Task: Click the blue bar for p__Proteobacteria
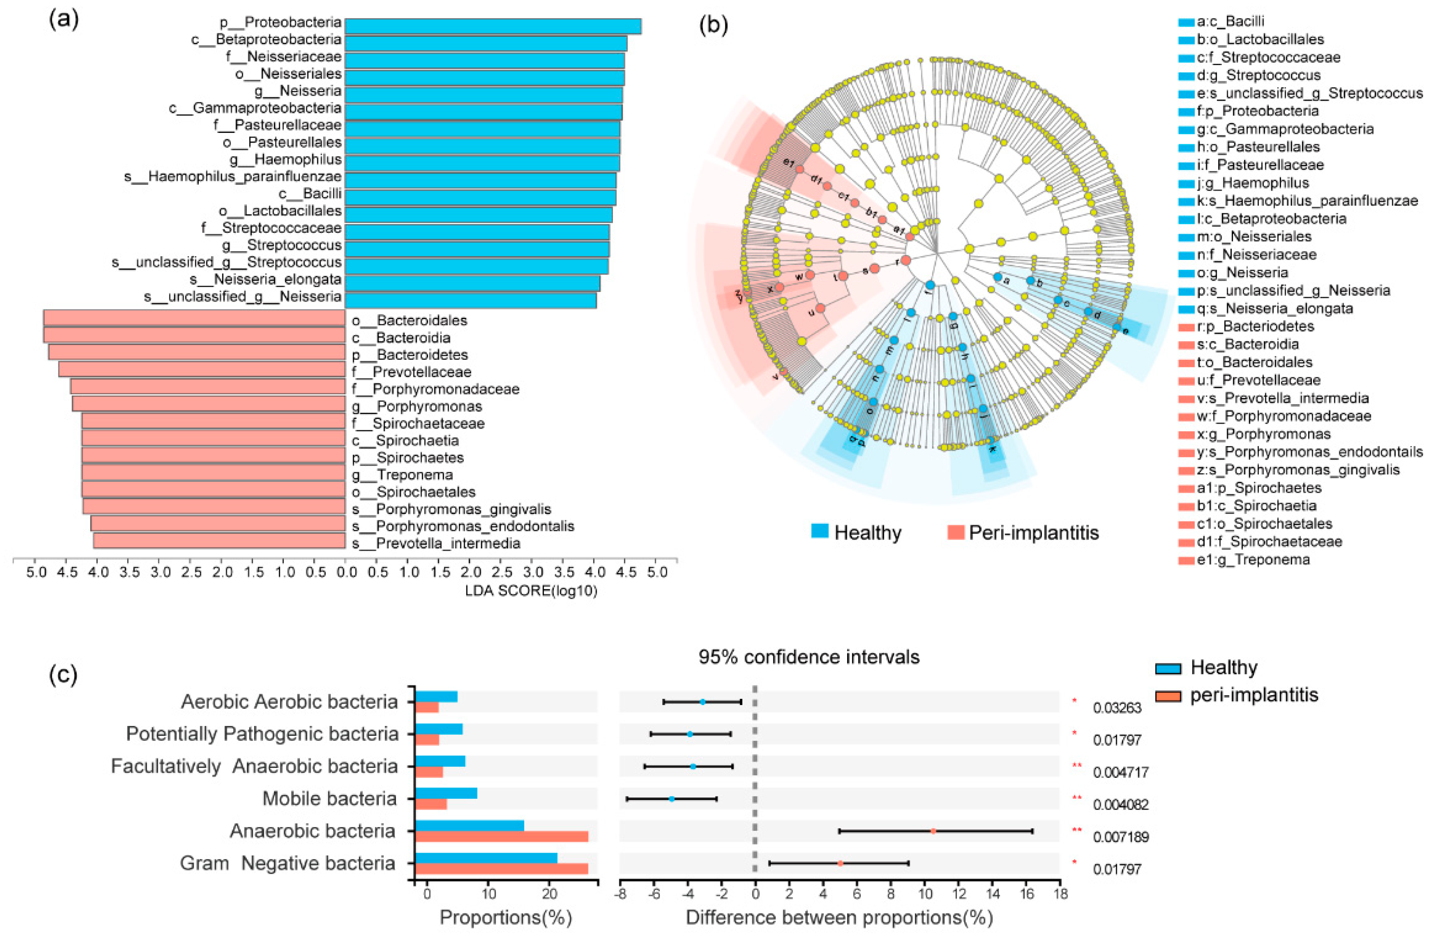point(492,26)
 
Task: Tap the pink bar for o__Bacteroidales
point(194,318)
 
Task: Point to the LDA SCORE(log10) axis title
point(531,590)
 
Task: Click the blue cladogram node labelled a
point(998,277)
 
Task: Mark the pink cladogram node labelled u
point(820,309)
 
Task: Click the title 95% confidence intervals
point(809,657)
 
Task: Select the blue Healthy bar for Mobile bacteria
point(446,793)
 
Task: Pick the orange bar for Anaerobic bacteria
point(502,836)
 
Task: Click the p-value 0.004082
point(1121,804)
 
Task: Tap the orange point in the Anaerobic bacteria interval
point(933,831)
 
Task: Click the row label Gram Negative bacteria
point(287,863)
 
